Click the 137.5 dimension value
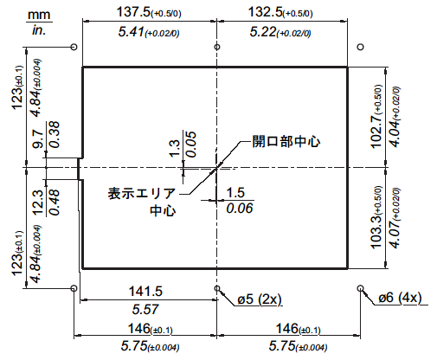pyautogui.click(x=133, y=12)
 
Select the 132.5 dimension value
pyautogui.click(x=265, y=12)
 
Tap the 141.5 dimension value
pyautogui.click(x=145, y=291)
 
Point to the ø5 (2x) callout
pyautogui.click(x=259, y=299)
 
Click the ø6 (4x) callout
pyautogui.click(x=400, y=298)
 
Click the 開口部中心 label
pyautogui.click(x=286, y=141)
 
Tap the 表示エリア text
pyautogui.click(x=142, y=193)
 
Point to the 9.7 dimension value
pyautogui.click(x=38, y=139)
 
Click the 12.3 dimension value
pyautogui.click(x=38, y=202)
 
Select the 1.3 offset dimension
pyautogui.click(x=175, y=149)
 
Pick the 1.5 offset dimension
pyautogui.click(x=235, y=193)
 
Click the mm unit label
pyautogui.click(x=39, y=15)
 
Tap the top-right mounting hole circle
pyautogui.click(x=360, y=47)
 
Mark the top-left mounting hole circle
pyautogui.click(x=74, y=47)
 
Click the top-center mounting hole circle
pyautogui.click(x=217, y=47)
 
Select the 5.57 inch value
pyautogui.click(x=145, y=310)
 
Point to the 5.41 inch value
pyautogui.click(x=132, y=31)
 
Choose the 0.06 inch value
pyautogui.click(x=240, y=209)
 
